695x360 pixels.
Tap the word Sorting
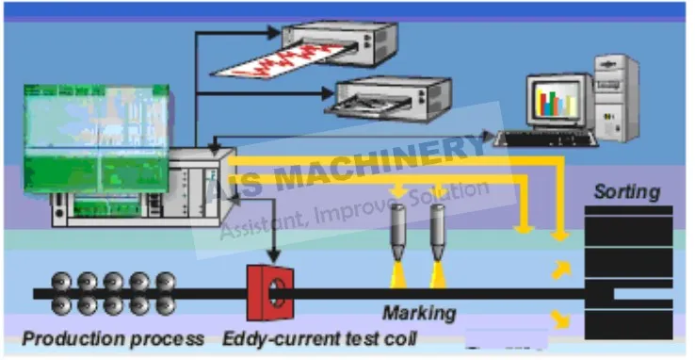pyautogui.click(x=626, y=192)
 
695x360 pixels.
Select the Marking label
pyautogui.click(x=418, y=312)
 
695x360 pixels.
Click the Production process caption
pyautogui.click(x=113, y=337)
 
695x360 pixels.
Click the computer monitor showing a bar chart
pyautogui.click(x=558, y=99)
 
